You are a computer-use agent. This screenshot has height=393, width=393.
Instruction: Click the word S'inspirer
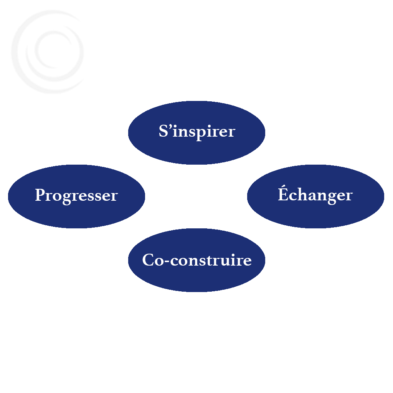[197, 132]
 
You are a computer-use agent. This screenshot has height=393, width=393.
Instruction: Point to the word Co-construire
[197, 260]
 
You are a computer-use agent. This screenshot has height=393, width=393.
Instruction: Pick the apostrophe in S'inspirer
[170, 126]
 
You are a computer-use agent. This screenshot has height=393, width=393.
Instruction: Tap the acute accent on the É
[283, 186]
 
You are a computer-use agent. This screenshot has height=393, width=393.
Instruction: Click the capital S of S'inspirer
[163, 130]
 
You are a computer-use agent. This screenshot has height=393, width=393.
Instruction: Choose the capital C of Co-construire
[148, 259]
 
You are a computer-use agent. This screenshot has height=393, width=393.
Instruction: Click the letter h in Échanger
[301, 194]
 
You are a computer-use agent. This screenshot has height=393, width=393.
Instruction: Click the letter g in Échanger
[330, 198]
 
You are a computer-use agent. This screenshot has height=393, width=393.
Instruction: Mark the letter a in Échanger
[310, 196]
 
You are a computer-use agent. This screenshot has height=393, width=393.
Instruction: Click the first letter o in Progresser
[58, 197]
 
